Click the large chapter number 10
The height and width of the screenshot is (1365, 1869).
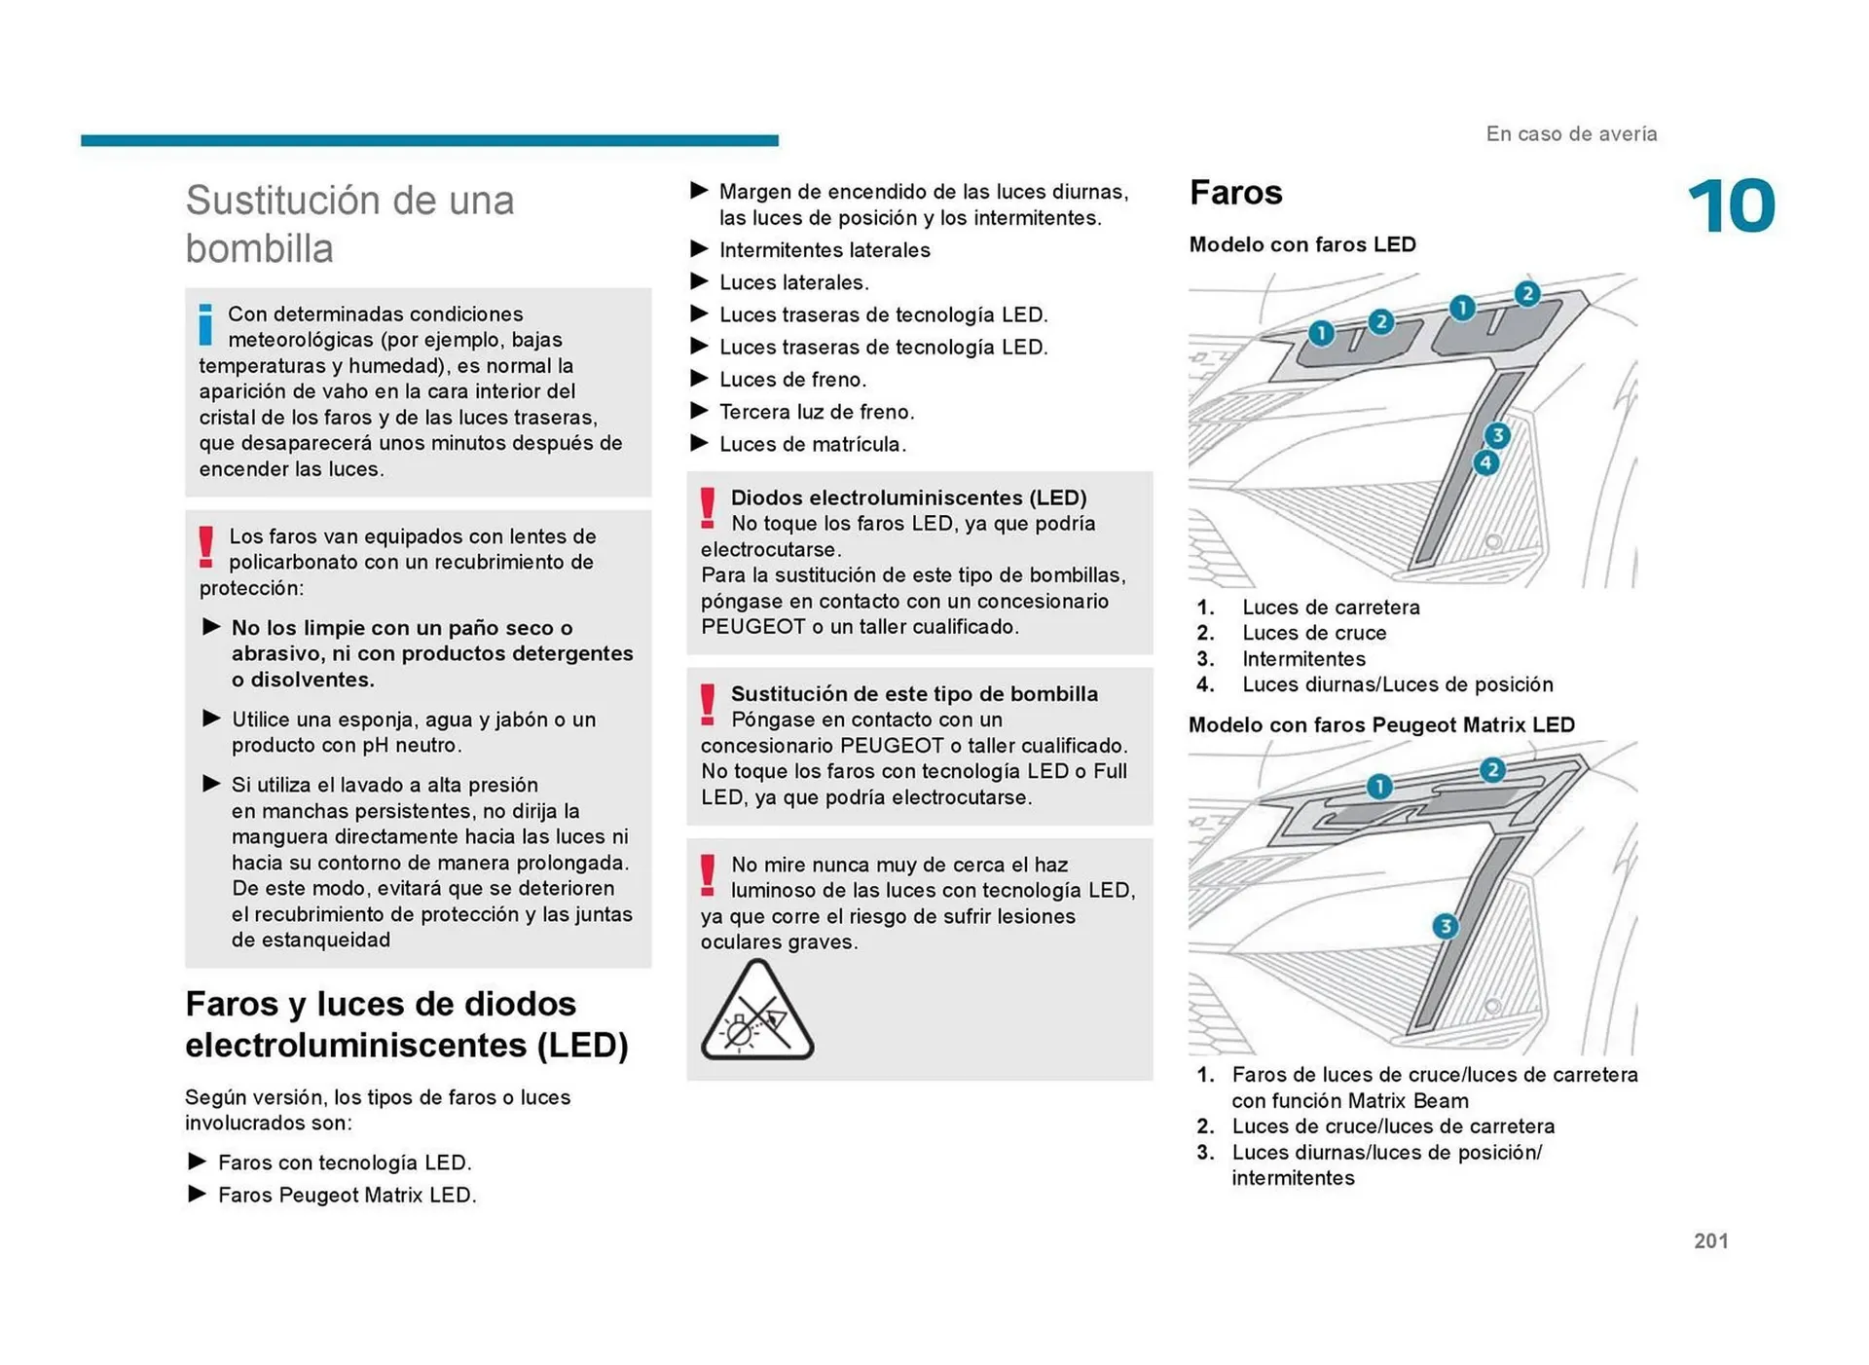coord(1731,206)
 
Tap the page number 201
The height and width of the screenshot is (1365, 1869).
coord(1710,1240)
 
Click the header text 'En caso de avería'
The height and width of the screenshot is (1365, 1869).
coord(1570,134)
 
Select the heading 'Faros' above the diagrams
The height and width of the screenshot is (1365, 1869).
coord(1235,193)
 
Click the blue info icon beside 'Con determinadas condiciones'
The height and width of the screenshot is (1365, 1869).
coord(205,324)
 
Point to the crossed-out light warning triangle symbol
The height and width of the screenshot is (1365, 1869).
coord(756,1013)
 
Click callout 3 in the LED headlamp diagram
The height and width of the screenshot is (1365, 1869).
coord(1497,435)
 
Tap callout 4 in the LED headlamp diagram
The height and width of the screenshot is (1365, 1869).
coord(1485,462)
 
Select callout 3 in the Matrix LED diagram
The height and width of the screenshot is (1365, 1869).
coord(1446,926)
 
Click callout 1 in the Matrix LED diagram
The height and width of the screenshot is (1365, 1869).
coord(1378,786)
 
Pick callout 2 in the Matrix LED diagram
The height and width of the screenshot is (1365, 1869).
coord(1492,770)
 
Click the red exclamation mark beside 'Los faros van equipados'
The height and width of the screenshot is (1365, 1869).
coord(206,546)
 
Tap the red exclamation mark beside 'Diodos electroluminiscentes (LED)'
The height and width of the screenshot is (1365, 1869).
coord(708,508)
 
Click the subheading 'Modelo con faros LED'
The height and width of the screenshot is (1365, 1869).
coord(1301,244)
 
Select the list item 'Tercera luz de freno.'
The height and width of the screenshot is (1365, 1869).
coord(816,412)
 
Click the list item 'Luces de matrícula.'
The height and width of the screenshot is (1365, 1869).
coord(812,444)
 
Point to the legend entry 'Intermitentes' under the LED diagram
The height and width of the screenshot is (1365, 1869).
coord(1302,659)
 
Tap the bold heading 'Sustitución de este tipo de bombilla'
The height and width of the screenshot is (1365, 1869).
coord(913,694)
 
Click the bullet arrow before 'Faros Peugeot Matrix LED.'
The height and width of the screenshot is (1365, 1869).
coord(197,1194)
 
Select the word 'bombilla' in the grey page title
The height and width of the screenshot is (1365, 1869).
coord(259,248)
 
